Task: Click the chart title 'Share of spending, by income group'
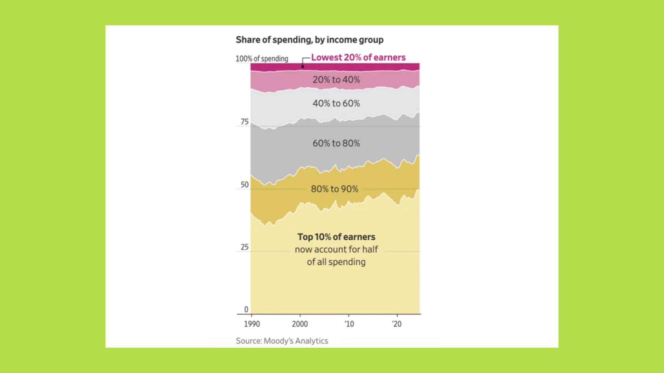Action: click(x=310, y=40)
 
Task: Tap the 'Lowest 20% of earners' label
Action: click(x=358, y=58)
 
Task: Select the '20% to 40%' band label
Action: click(x=336, y=80)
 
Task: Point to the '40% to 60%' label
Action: click(x=336, y=104)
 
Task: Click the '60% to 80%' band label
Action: click(x=336, y=143)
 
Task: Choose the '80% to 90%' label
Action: click(x=334, y=189)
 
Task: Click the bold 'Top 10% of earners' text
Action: click(x=336, y=237)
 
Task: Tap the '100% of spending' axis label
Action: click(x=262, y=59)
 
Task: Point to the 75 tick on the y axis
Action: click(x=245, y=122)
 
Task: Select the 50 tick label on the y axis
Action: click(x=245, y=185)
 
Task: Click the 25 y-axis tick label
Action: click(x=245, y=247)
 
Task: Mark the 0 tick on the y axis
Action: click(x=246, y=310)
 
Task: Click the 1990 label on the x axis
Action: click(x=252, y=324)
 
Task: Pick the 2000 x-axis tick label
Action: click(x=300, y=324)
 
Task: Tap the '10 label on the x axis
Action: click(x=349, y=324)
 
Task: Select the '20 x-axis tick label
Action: click(x=397, y=324)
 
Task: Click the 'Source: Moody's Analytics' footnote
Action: click(x=282, y=341)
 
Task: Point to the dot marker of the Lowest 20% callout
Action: click(x=303, y=67)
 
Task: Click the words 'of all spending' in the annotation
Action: click(x=336, y=262)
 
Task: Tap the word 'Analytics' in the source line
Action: click(x=312, y=341)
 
